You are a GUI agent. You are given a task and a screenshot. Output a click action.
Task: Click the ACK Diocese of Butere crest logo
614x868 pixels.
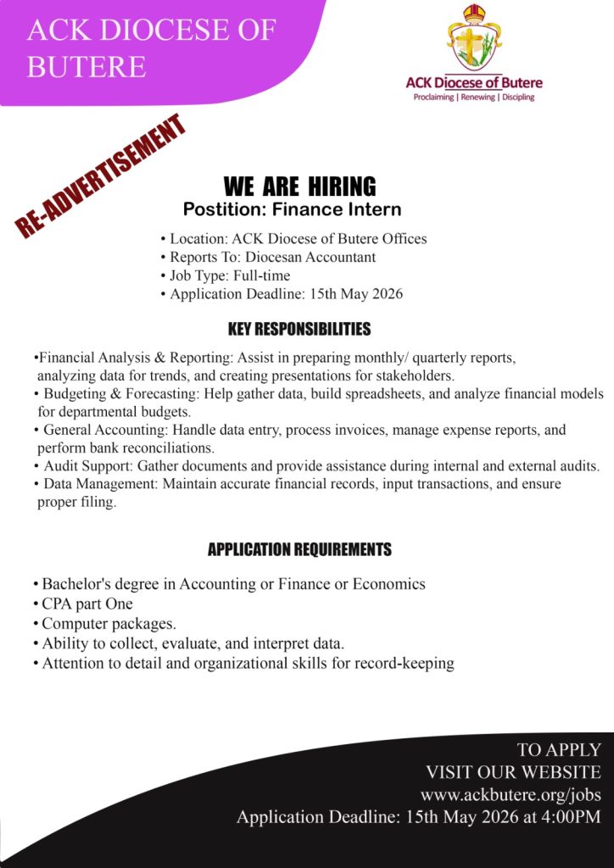[474, 38]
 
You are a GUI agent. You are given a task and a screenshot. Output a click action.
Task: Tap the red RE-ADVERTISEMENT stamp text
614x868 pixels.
[100, 175]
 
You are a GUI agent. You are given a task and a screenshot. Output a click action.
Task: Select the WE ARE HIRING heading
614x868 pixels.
[299, 186]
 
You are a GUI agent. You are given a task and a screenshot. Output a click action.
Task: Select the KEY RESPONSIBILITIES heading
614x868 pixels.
[299, 328]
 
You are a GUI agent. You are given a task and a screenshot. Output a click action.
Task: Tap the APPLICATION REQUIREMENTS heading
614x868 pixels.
[299, 550]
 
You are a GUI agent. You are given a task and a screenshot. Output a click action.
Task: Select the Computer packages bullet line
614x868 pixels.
[109, 625]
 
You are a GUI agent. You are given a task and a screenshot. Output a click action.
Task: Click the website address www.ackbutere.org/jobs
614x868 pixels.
[511, 795]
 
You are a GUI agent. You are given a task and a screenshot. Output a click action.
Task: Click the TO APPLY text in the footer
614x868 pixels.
[559, 750]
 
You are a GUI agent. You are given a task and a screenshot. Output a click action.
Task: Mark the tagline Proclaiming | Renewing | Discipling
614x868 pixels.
[474, 98]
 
